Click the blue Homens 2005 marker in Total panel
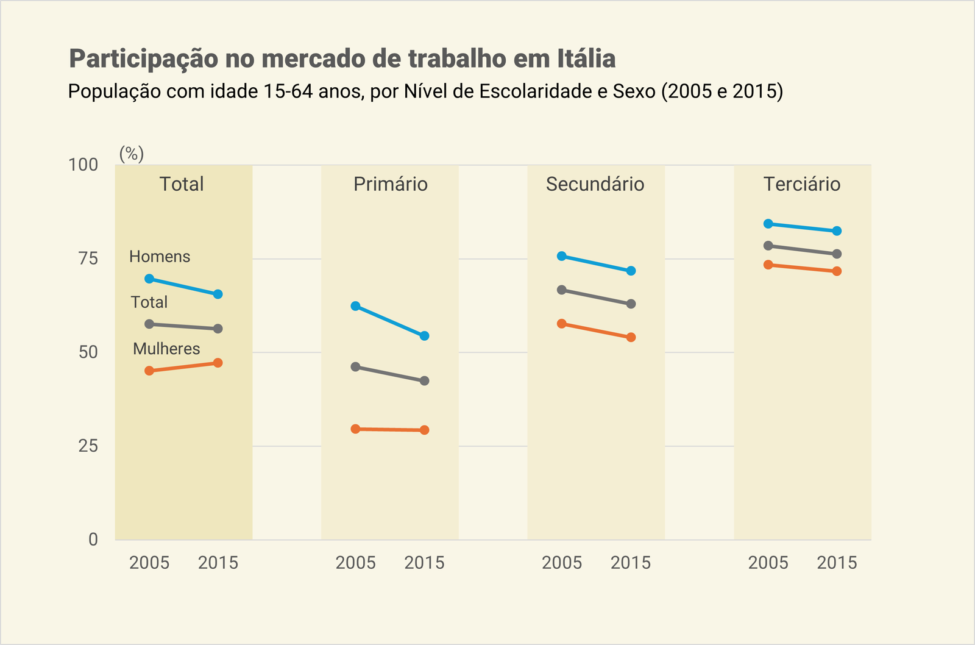149,279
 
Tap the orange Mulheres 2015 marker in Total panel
218,363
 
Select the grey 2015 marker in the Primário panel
425,380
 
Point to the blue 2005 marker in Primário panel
355,306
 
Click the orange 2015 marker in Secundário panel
631,337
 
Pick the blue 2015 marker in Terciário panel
837,231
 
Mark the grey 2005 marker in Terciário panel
768,246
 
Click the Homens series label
160,257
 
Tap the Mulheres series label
166,349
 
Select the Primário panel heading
391,184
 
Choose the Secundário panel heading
595,184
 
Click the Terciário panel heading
802,184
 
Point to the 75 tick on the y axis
88,258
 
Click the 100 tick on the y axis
83,165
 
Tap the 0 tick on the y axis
93,540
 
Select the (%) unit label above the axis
132,154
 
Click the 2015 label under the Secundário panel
631,562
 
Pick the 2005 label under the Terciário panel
768,562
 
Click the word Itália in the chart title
586,59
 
